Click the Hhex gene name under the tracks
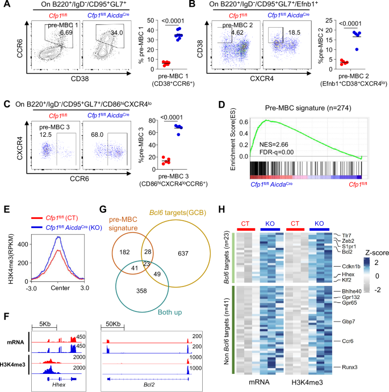click(59, 384)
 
